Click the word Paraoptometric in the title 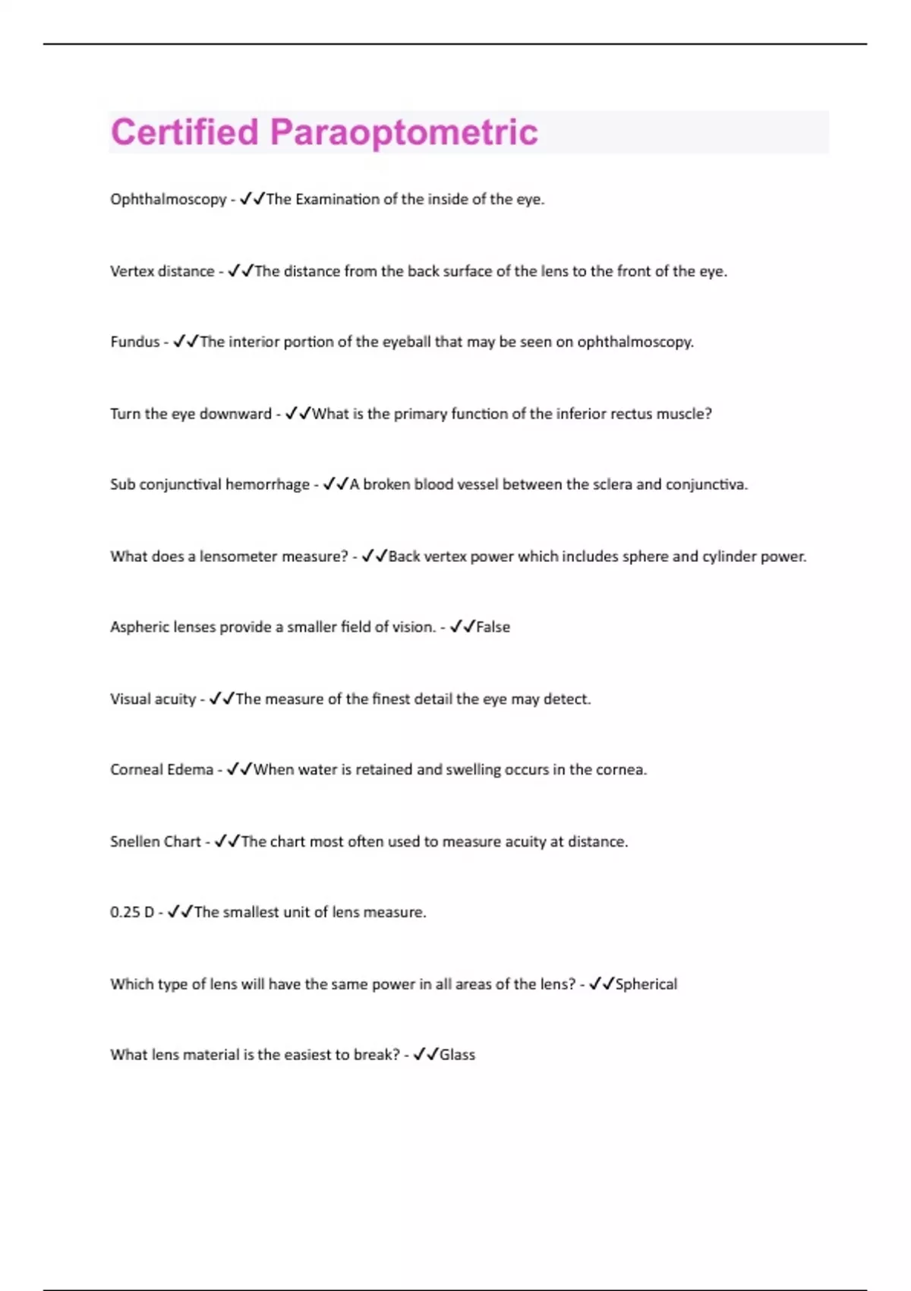[x=403, y=133]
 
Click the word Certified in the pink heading [x=184, y=132]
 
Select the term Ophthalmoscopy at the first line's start [x=168, y=200]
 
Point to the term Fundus [x=134, y=342]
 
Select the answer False [x=493, y=627]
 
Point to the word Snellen [x=134, y=841]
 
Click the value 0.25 [x=125, y=912]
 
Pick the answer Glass [x=457, y=1055]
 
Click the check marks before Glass [x=425, y=1054]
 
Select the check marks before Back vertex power [x=374, y=556]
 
